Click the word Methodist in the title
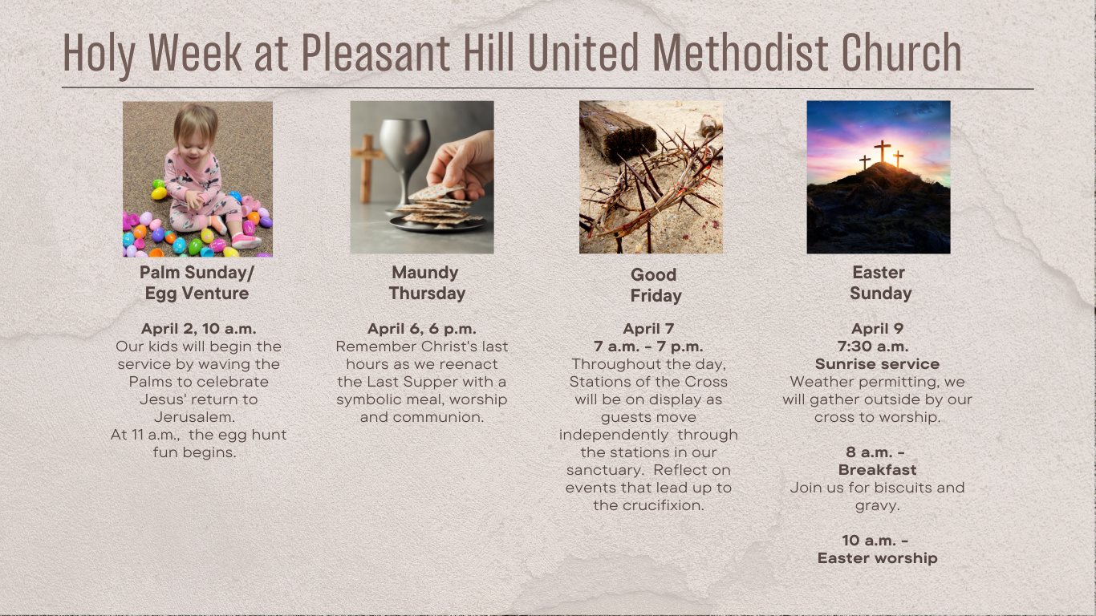point(741,53)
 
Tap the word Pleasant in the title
point(375,53)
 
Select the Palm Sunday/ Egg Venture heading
point(197,283)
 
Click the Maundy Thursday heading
point(427,283)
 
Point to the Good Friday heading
point(656,286)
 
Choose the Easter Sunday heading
point(880,283)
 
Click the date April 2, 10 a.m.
point(199,329)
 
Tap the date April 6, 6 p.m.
point(422,329)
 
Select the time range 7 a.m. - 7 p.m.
point(648,346)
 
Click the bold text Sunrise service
point(877,364)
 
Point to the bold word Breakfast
point(877,470)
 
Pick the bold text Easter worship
point(877,557)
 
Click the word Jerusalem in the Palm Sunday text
point(194,417)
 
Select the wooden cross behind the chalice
point(367,168)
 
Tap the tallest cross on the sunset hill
point(883,151)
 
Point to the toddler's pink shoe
point(246,241)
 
